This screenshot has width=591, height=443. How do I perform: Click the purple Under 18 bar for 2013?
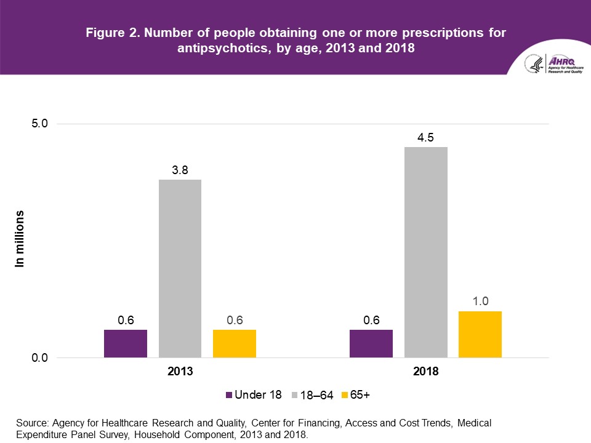[x=126, y=343]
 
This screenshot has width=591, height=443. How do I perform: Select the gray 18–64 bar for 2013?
[x=180, y=268]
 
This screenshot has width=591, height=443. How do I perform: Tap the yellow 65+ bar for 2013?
[x=235, y=343]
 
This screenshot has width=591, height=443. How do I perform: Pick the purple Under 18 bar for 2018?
[x=371, y=343]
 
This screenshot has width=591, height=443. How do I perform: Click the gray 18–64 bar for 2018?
[x=425, y=252]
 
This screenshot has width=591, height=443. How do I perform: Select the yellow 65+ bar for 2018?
[x=480, y=334]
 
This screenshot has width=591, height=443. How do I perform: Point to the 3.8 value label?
[x=180, y=170]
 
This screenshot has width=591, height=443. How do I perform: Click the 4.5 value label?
[x=425, y=138]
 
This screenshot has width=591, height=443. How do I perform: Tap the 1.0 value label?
[x=480, y=302]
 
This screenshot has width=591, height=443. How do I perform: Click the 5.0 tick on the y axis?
[x=39, y=124]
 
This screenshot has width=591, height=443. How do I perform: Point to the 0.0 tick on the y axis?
[x=39, y=358]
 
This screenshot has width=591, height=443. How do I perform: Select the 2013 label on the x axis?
[x=180, y=372]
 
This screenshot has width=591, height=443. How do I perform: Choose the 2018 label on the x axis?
[x=425, y=372]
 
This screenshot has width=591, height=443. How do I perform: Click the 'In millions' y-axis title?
[x=20, y=239]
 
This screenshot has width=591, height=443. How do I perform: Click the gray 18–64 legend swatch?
[x=295, y=396]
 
